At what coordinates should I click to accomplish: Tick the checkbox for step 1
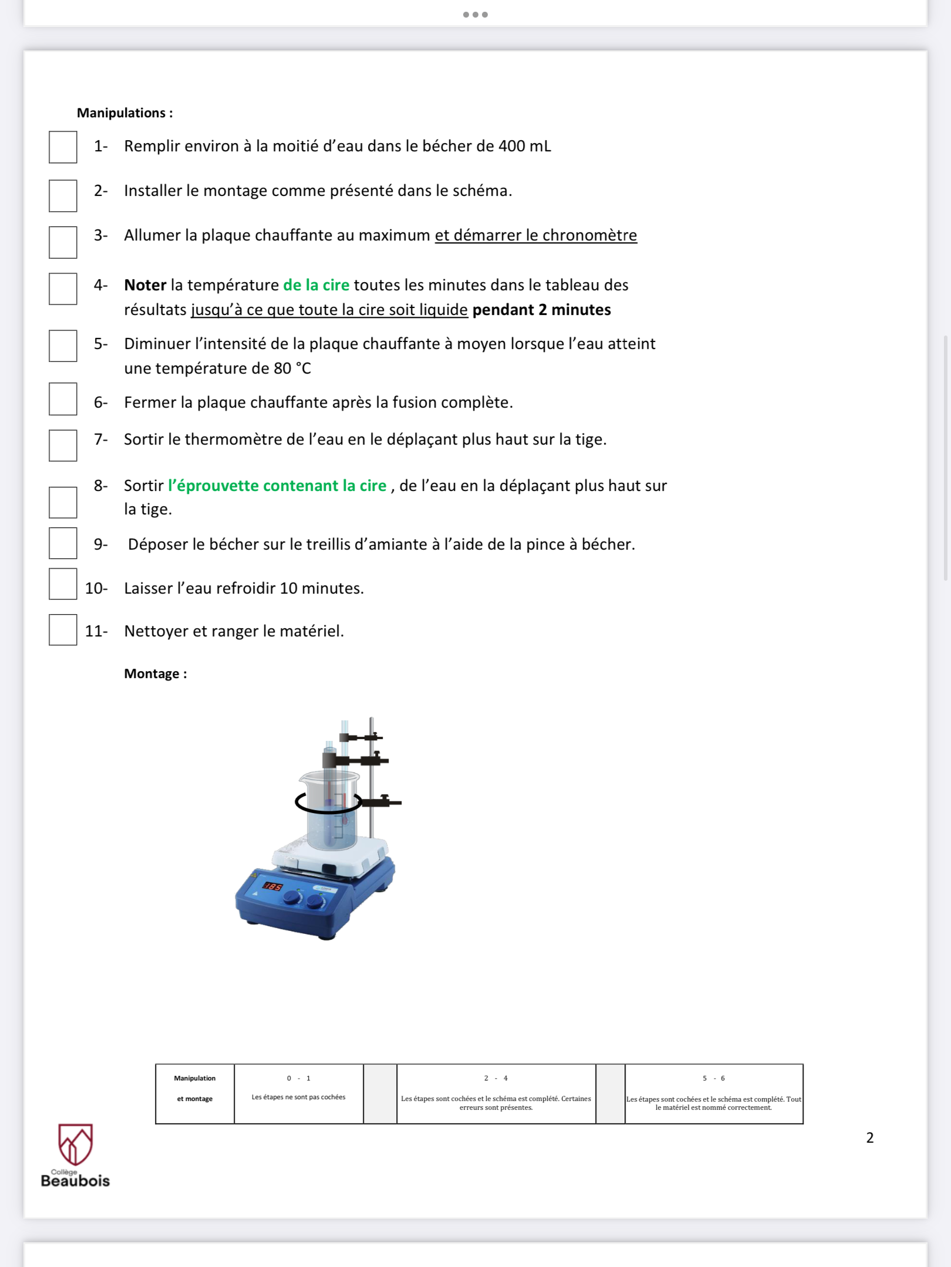click(x=63, y=147)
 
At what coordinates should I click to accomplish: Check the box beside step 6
click(x=63, y=399)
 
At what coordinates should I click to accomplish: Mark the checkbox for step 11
click(x=63, y=630)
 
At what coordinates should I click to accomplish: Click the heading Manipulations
click(x=124, y=113)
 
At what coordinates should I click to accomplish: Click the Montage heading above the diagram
click(x=155, y=673)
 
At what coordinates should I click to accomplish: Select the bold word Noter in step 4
click(x=145, y=285)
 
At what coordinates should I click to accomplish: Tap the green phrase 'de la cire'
click(x=316, y=285)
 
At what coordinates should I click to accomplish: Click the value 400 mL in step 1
click(x=524, y=146)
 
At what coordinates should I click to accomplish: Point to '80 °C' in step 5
click(x=292, y=368)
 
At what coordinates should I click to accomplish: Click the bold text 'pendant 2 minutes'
click(x=541, y=310)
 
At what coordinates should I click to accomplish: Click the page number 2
click(x=869, y=1137)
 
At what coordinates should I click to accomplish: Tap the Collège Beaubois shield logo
click(x=75, y=1144)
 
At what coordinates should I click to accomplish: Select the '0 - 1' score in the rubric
click(x=298, y=1078)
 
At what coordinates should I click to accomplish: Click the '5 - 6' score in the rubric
click(x=713, y=1078)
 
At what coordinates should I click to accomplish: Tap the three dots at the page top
click(x=475, y=15)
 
